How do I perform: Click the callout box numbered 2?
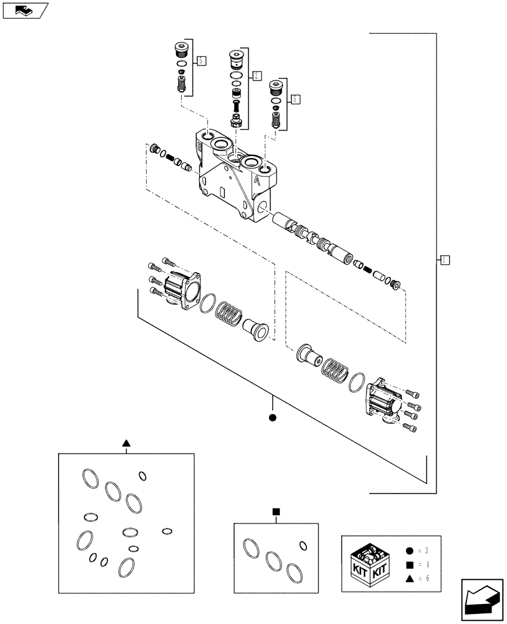tap(256, 76)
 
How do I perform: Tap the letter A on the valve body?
tap(257, 180)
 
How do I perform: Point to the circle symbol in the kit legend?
tap(408, 551)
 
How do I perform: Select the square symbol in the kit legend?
tap(408, 565)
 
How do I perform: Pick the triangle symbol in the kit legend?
tap(408, 578)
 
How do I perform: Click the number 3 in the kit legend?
tap(426, 551)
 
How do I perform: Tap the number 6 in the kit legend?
tap(426, 578)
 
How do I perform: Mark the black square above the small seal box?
tap(275, 512)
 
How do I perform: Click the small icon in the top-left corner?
tap(24, 10)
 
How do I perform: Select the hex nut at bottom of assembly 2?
tap(236, 120)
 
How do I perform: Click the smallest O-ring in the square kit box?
tap(303, 546)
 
